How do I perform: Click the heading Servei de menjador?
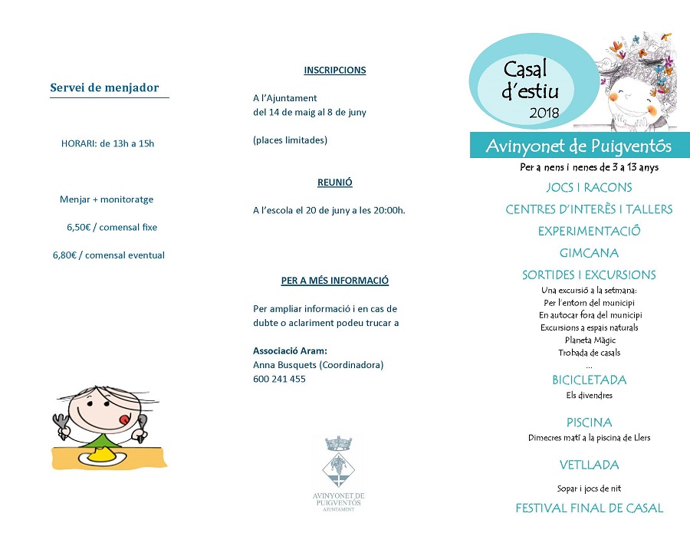pyautogui.click(x=104, y=87)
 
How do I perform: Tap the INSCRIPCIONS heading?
pyautogui.click(x=335, y=71)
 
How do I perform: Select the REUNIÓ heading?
pyautogui.click(x=335, y=183)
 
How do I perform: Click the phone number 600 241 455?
pyautogui.click(x=279, y=379)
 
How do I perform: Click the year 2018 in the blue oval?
pyautogui.click(x=544, y=114)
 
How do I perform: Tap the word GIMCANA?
pyautogui.click(x=589, y=252)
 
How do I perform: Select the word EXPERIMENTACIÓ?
pyautogui.click(x=589, y=231)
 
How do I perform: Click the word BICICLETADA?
pyautogui.click(x=589, y=380)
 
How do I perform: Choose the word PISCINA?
pyautogui.click(x=589, y=423)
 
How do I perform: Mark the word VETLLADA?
pyautogui.click(x=589, y=465)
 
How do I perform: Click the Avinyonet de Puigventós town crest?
pyautogui.click(x=338, y=462)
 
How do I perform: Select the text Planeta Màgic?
pyautogui.click(x=590, y=340)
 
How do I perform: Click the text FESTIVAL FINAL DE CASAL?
pyautogui.click(x=589, y=508)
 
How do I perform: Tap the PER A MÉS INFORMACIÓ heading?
pyautogui.click(x=335, y=281)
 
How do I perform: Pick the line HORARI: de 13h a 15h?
pyautogui.click(x=107, y=143)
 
